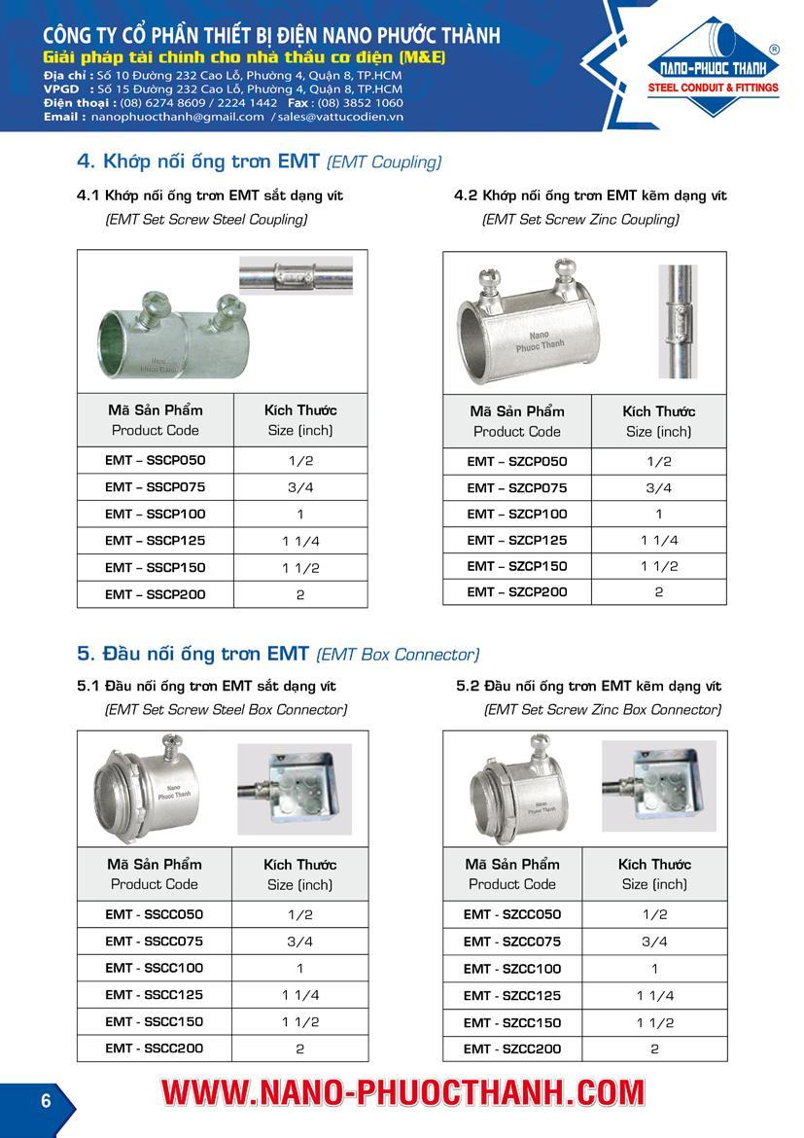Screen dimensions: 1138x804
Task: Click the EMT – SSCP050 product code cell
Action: coord(156,460)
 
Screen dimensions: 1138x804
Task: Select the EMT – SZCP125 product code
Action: coord(516,540)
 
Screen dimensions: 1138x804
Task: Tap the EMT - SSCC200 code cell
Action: coord(155,1049)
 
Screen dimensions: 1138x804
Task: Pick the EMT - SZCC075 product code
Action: coord(512,942)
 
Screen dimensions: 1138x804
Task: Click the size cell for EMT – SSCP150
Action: coord(300,568)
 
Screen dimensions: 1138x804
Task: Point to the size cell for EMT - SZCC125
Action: coord(654,996)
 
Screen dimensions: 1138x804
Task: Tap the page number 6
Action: coord(46,1101)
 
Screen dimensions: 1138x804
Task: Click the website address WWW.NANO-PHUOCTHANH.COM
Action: coord(402,1093)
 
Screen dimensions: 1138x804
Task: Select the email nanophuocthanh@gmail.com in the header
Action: coord(177,117)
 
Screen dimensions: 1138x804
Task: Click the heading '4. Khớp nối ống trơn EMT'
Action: coord(198,161)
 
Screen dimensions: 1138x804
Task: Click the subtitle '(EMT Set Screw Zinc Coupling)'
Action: coord(580,220)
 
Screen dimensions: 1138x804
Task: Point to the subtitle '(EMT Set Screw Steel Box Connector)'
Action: coord(226,710)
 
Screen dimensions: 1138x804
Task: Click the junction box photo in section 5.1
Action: coord(296,788)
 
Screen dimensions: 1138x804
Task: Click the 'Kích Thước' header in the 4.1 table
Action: coord(300,409)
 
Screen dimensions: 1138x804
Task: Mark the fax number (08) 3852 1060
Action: coord(359,102)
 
